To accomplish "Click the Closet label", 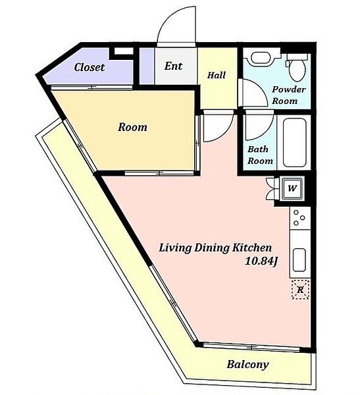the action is [90, 67].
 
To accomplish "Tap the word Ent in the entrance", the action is [173, 66].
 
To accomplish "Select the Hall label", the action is [217, 75].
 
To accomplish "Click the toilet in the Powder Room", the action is [297, 67].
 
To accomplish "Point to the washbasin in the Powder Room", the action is [261, 59].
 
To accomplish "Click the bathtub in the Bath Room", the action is [294, 142].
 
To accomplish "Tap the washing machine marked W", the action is [292, 188].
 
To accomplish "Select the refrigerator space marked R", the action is [300, 290].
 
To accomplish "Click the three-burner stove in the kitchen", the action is [299, 218].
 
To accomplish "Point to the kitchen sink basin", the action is [299, 260].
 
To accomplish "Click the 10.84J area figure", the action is [261, 261].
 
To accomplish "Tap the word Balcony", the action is [247, 365].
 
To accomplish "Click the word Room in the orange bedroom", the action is [132, 127].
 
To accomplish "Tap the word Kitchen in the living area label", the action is [251, 248].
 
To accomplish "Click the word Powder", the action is [289, 89].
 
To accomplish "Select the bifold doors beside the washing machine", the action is [272, 189].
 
